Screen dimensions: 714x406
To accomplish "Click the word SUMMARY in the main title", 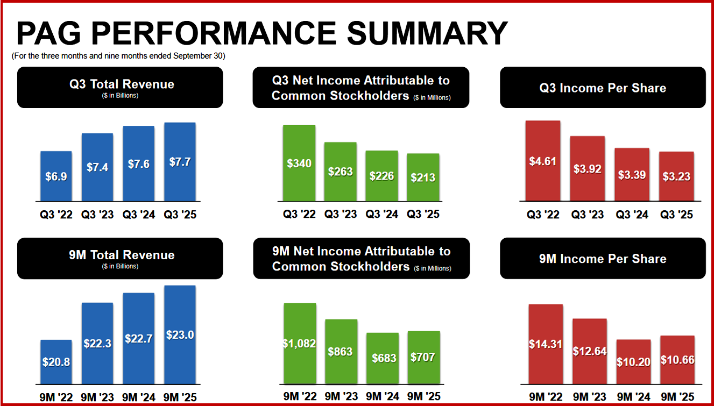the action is [427, 33].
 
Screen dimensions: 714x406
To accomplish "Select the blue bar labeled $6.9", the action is [56, 176].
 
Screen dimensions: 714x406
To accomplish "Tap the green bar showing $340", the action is [299, 163].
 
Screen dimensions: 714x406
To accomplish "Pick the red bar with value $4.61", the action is [543, 161].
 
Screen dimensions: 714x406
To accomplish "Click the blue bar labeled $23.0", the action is [180, 334].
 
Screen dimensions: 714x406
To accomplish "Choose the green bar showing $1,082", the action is [300, 343].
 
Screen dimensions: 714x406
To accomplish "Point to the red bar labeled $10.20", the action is [633, 362].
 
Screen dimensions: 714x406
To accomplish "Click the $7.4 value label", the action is [97, 167].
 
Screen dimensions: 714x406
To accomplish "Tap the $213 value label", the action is [423, 177].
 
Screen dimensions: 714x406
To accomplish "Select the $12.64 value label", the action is [590, 351].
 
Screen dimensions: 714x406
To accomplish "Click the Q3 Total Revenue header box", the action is [120, 87].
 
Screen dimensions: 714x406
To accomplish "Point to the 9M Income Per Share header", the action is [603, 259].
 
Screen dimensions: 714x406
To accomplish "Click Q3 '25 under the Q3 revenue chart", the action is [180, 215].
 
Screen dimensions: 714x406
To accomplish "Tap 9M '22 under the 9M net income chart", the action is [300, 396].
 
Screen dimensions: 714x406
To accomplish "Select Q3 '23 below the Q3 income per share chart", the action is [588, 215].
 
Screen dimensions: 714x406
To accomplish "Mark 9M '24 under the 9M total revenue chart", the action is [139, 397].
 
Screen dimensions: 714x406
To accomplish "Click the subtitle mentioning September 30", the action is [118, 56].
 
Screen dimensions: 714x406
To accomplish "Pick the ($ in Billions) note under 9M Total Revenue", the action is [120, 266].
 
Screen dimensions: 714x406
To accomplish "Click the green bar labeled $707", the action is [423, 358].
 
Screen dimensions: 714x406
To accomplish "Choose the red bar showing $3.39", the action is [632, 175].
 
